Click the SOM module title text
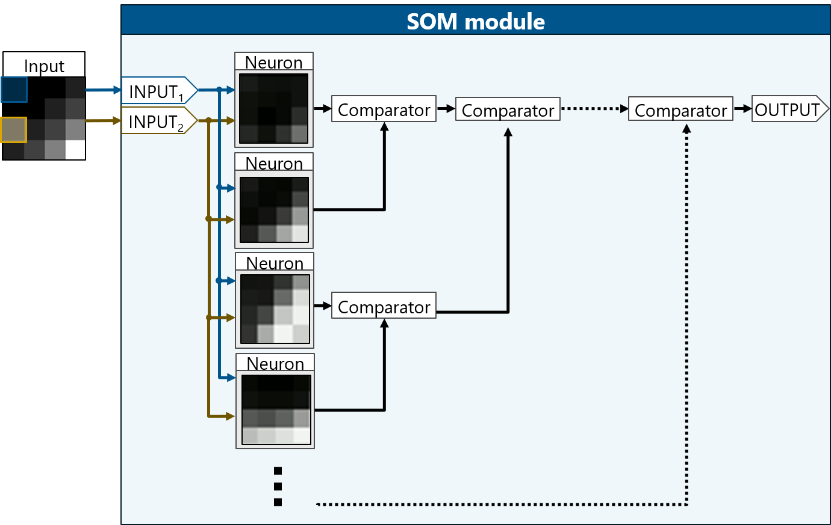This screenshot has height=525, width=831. [475, 22]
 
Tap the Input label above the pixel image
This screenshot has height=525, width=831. [44, 66]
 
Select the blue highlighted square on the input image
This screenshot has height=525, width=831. [14, 90]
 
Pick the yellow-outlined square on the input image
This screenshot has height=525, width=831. [14, 129]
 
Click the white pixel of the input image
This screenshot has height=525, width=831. [75, 150]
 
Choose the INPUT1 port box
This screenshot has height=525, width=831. [158, 91]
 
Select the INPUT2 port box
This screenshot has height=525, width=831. [158, 121]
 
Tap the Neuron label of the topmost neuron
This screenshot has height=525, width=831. [273, 62]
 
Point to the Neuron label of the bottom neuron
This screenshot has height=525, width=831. [275, 363]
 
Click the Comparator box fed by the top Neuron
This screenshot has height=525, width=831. [384, 109]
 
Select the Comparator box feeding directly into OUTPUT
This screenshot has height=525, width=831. [680, 109]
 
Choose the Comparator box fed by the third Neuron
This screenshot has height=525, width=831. [384, 306]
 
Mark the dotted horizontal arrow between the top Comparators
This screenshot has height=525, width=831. [594, 109]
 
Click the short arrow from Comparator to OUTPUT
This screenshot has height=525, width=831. [742, 109]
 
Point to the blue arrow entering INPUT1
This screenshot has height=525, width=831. [103, 90]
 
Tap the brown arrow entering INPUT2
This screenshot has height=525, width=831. [103, 121]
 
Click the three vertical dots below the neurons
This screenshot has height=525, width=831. [278, 487]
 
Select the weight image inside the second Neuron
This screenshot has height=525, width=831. [275, 209]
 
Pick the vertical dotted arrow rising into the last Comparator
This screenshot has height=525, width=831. [686, 313]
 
